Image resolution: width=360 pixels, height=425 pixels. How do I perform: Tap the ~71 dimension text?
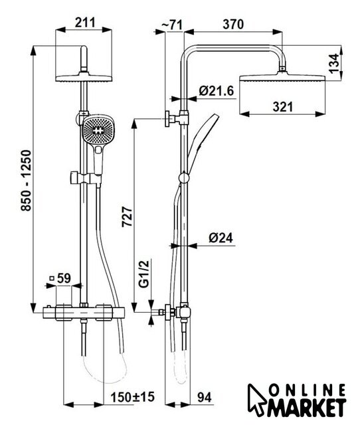[x=172, y=25]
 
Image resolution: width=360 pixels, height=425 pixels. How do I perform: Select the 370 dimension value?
[x=233, y=25]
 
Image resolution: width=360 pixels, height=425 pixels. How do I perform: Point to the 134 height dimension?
[x=334, y=63]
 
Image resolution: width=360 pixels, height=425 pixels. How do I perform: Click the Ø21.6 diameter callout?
[x=216, y=91]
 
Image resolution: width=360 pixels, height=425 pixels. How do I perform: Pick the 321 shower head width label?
[x=283, y=106]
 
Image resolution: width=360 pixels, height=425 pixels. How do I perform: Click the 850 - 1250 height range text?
[x=27, y=181]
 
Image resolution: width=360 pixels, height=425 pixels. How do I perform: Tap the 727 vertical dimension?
[x=127, y=217]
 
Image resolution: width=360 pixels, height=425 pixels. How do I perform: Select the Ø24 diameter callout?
[x=221, y=238]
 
